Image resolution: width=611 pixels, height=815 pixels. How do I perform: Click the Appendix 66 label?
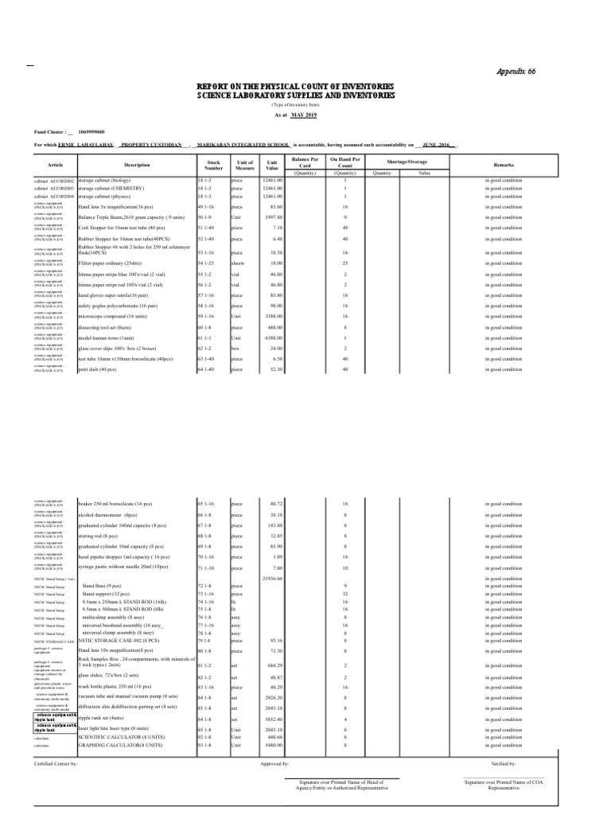coord(516,72)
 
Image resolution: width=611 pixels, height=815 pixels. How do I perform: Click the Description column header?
coord(136,165)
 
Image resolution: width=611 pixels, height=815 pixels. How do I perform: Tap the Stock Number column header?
coord(213,165)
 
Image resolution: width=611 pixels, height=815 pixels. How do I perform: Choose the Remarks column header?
coord(504,165)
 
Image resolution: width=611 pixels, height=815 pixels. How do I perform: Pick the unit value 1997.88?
coord(273,216)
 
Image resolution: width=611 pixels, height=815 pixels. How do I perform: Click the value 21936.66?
coord(272,578)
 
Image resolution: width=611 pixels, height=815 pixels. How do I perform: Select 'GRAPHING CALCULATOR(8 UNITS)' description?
coord(122,745)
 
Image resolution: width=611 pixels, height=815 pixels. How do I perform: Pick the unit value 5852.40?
coord(272,719)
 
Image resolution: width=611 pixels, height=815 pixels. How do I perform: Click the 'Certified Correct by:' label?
coord(56,763)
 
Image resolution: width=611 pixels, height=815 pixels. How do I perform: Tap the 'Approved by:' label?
coord(274,763)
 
